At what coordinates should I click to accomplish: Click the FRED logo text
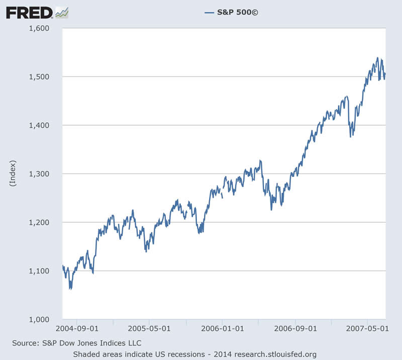pos(29,12)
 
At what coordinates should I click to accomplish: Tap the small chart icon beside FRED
pos(62,12)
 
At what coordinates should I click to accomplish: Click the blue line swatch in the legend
pos(210,12)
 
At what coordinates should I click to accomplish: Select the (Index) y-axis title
pos(13,174)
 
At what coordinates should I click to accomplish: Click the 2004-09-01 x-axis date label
pos(77,329)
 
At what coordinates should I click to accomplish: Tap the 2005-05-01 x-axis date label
pos(150,329)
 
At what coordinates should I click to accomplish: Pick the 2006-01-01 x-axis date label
pos(222,329)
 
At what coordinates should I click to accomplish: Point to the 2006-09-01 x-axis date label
pos(295,329)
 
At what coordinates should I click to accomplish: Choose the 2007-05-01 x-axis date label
pos(367,329)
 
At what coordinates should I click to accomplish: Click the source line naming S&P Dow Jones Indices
pos(76,343)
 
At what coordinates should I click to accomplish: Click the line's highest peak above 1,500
pos(377,58)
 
